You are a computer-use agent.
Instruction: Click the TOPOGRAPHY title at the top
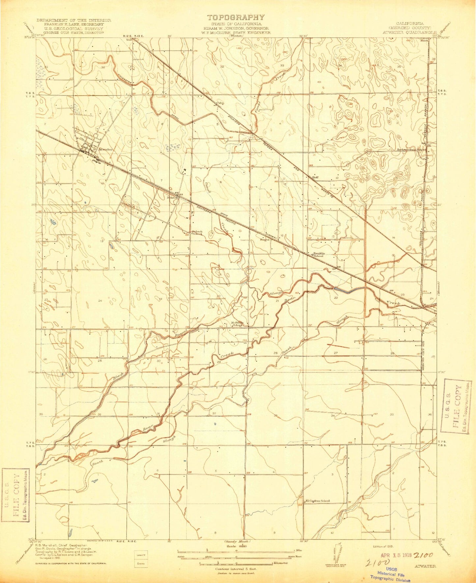click(236, 17)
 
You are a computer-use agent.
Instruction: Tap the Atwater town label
click(105, 149)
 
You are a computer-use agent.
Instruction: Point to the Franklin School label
click(319, 254)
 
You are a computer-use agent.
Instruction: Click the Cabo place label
click(220, 103)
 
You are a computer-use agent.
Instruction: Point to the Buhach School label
click(197, 233)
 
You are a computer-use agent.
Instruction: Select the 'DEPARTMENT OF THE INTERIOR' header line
click(74, 20)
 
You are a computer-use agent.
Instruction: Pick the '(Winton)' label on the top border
click(236, 36)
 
